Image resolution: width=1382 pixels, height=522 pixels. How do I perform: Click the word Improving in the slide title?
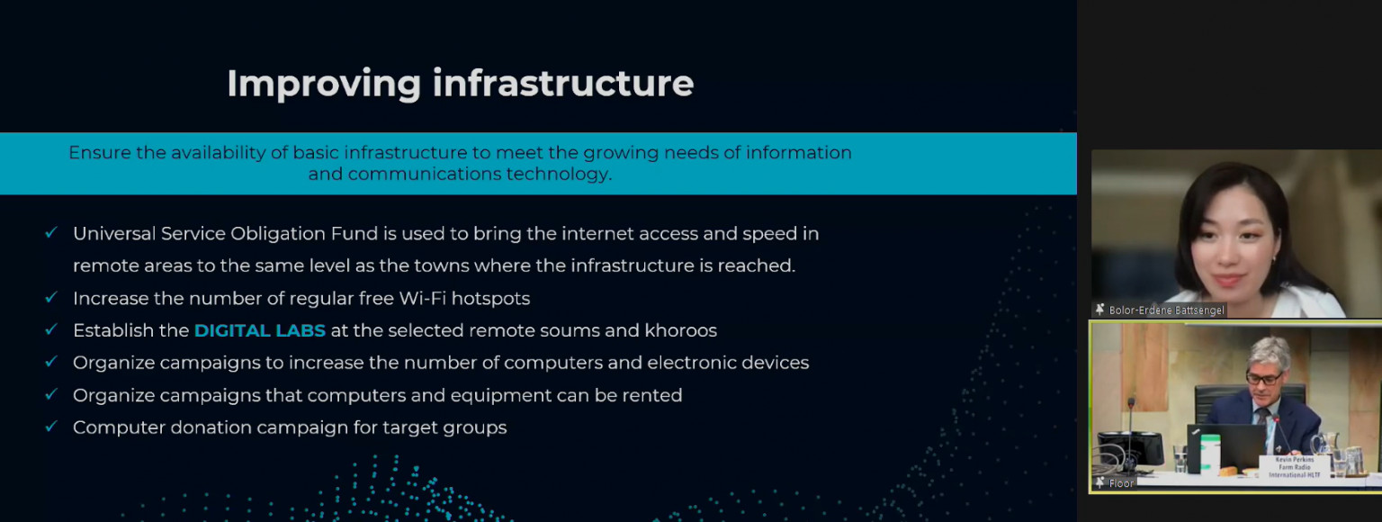pos(324,84)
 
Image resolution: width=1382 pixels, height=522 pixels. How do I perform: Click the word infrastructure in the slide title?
pos(563,83)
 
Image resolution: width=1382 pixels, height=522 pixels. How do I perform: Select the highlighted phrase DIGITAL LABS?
pos(260,330)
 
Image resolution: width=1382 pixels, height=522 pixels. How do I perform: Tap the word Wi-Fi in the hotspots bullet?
pos(423,299)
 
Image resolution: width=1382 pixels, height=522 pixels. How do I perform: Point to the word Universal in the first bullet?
pos(114,234)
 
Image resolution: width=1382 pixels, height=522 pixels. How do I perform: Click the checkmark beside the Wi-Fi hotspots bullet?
pos(51,297)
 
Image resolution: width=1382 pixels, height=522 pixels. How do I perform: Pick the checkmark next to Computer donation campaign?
pos(51,427)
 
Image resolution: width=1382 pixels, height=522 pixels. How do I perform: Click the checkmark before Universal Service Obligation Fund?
pos(51,232)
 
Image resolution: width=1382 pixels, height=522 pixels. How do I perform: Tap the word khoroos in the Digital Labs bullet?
pos(680,330)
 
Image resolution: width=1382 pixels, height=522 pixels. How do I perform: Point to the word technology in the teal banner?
pos(559,175)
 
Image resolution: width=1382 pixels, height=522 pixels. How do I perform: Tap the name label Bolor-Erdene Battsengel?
pos(1166,310)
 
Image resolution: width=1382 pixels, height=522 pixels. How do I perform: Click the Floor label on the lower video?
pos(1121,483)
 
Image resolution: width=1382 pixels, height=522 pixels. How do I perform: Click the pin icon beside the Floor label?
pos(1099,482)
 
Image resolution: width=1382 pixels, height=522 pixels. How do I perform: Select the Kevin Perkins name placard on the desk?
pos(1294,467)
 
